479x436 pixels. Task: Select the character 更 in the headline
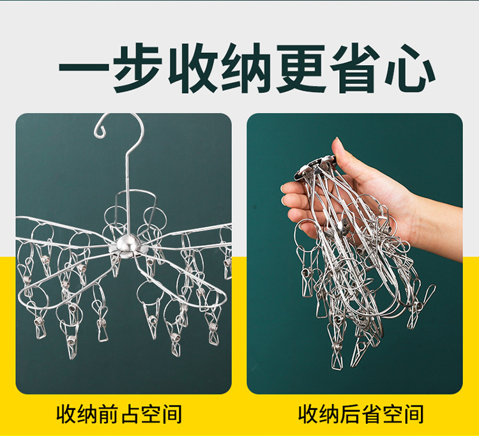pos(301,68)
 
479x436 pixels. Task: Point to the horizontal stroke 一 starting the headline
pos(84,68)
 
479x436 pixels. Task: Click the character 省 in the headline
pos(355,68)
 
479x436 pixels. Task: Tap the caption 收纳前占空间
pos(119,414)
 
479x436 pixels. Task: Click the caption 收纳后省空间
pos(361,414)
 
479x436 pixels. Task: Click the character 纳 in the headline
pos(247,68)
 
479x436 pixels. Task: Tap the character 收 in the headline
pos(192,68)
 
